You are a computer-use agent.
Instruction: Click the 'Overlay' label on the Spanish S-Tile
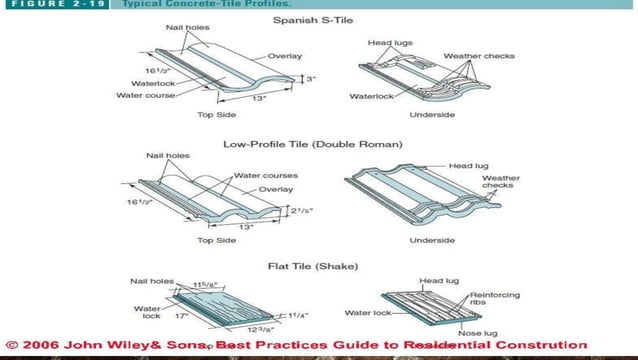coord(283,56)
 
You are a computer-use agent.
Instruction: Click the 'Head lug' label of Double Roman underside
coord(467,165)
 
